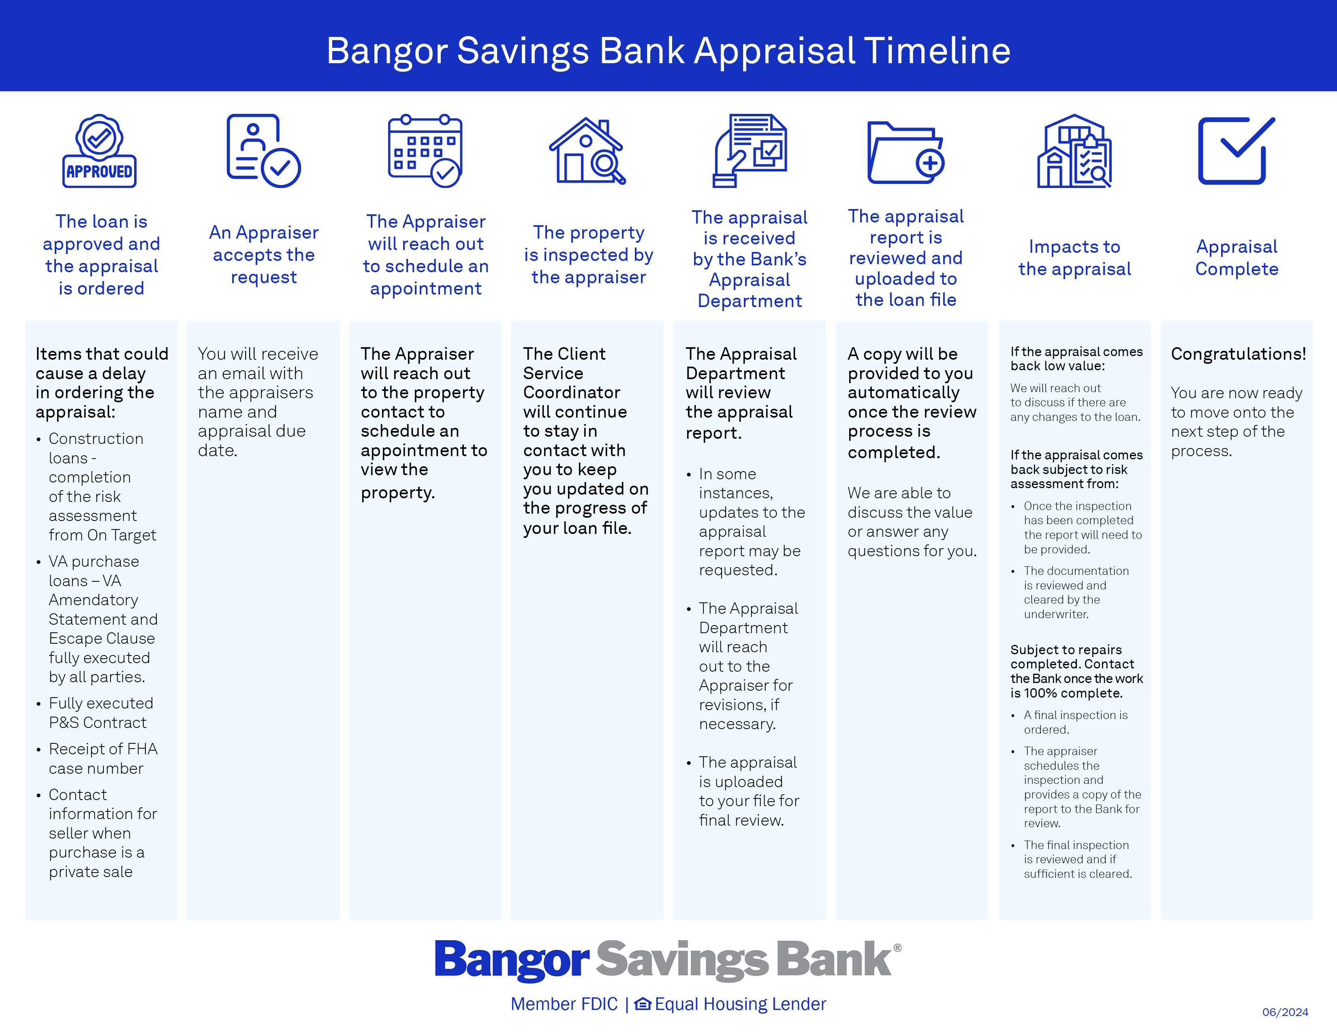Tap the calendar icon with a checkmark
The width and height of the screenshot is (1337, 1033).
click(x=425, y=151)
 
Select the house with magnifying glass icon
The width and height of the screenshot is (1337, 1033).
click(x=587, y=151)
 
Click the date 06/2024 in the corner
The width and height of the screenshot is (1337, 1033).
click(x=1285, y=1012)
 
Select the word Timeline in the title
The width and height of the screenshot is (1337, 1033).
click(x=937, y=50)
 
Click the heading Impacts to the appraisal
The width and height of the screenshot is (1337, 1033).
click(x=1074, y=258)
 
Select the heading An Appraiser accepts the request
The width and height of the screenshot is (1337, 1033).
click(x=264, y=254)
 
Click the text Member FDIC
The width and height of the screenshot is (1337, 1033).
click(x=564, y=1004)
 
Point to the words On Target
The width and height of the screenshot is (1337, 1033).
click(x=122, y=536)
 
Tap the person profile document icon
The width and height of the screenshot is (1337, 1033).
click(x=264, y=151)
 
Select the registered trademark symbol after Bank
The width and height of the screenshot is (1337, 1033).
click(x=897, y=948)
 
